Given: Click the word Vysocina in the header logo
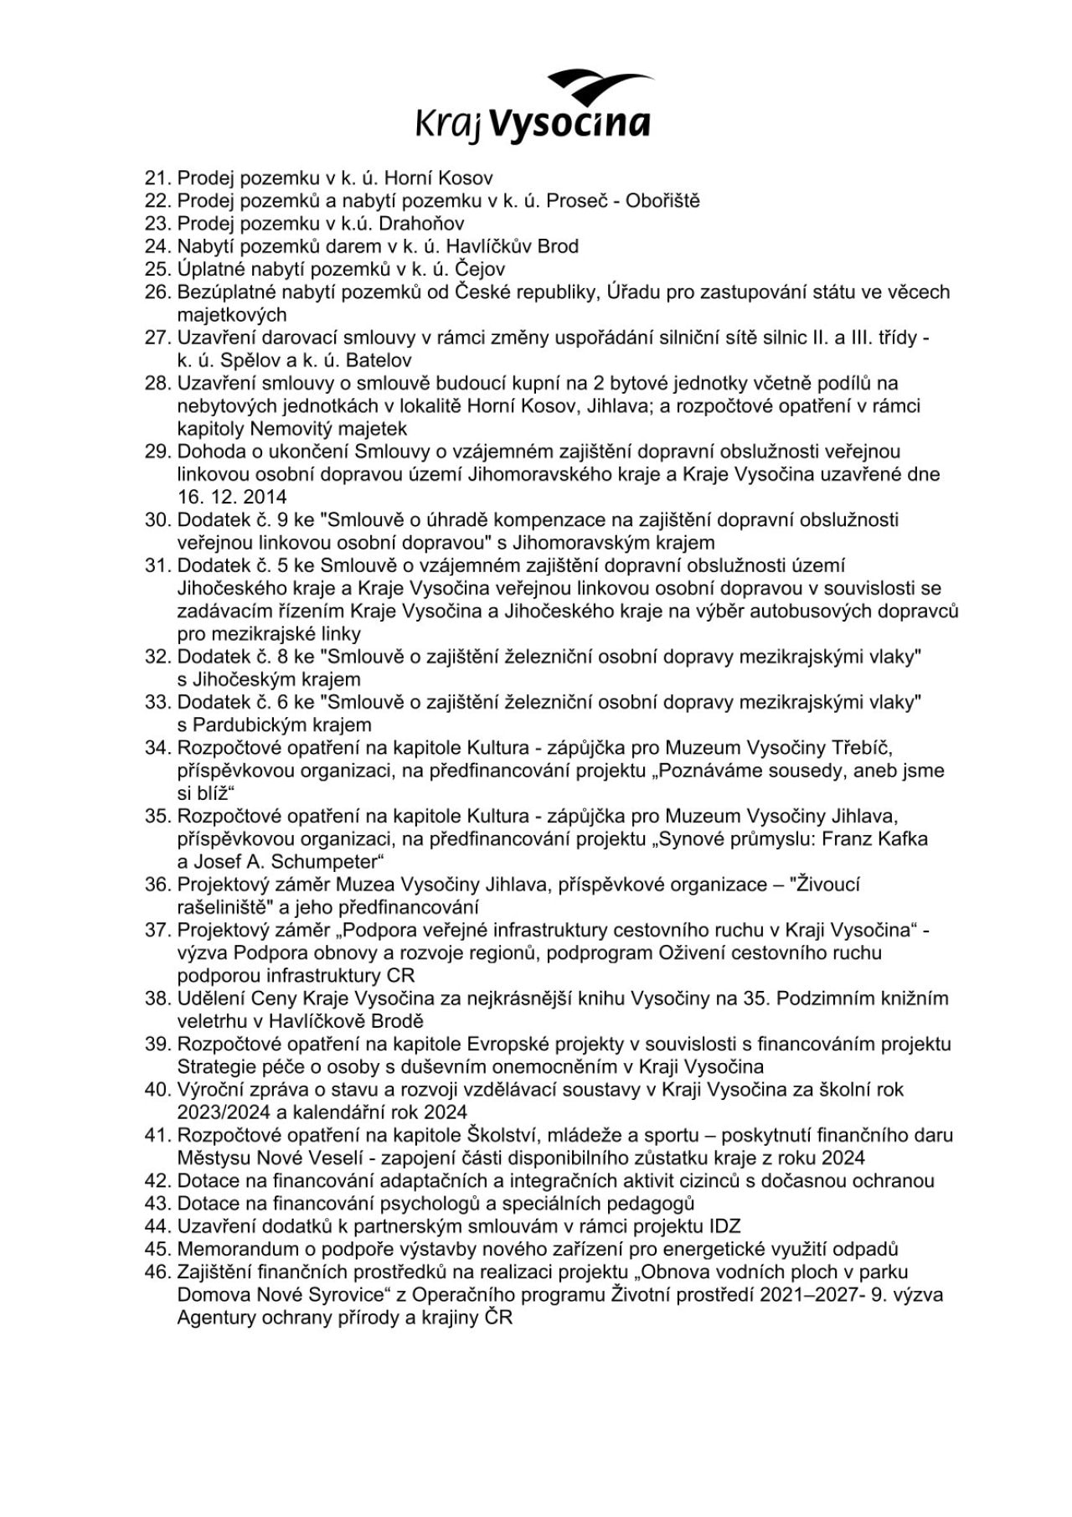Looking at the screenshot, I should (x=569, y=124).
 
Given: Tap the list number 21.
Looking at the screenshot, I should (x=157, y=178).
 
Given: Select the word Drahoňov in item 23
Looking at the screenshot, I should (x=421, y=224).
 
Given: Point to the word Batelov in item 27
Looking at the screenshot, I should (x=379, y=361).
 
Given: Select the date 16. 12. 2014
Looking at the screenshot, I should (x=232, y=498).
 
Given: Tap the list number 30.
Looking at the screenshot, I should (x=157, y=520).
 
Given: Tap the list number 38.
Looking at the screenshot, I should (x=157, y=998).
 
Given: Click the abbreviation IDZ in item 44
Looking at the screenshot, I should (x=724, y=1227).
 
